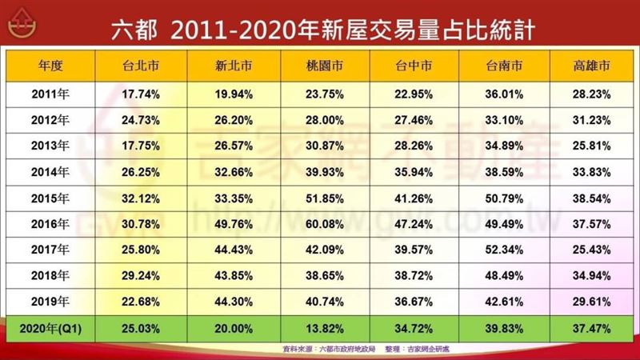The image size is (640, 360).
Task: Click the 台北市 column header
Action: [142, 66]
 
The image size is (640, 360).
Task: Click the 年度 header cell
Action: [51, 66]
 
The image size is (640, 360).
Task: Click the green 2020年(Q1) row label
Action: [51, 327]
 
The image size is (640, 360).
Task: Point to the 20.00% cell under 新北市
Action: [235, 327]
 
